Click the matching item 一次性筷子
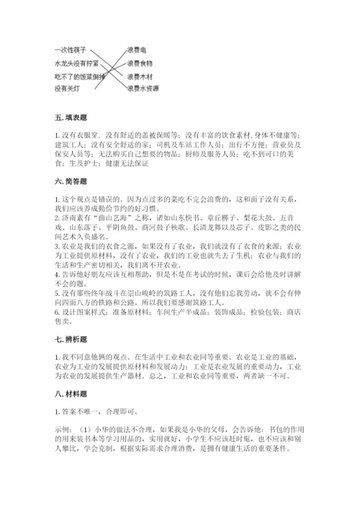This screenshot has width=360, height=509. pyautogui.click(x=71, y=50)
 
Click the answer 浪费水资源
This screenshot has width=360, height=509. pyautogui.click(x=143, y=89)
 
